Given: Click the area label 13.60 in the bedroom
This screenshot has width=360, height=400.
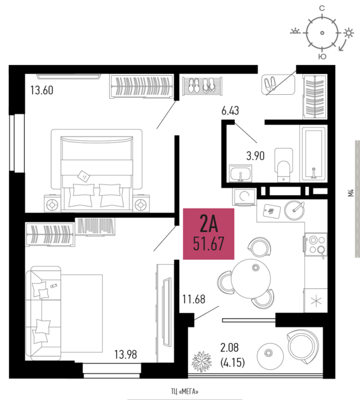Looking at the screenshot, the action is (x=42, y=90).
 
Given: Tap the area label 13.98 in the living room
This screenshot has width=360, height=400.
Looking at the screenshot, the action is (x=126, y=355).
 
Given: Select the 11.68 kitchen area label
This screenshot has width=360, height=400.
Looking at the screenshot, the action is (x=194, y=299).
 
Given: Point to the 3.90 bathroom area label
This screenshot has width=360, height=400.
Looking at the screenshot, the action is (x=255, y=155).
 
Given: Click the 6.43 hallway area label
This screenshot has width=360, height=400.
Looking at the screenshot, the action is (x=231, y=111).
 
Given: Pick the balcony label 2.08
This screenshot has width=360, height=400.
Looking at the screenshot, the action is (x=229, y=348).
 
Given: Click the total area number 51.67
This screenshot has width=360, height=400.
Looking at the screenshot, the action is (x=208, y=244).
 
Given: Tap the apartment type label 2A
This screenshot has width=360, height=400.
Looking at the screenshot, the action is (x=209, y=224).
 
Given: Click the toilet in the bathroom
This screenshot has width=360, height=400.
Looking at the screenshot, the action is (x=284, y=165).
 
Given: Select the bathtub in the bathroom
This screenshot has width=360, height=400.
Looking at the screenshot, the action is (x=314, y=154).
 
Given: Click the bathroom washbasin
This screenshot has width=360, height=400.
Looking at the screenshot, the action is (x=241, y=173).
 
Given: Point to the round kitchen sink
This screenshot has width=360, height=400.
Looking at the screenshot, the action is (x=294, y=210).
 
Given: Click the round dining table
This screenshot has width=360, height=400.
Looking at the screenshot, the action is (x=251, y=279).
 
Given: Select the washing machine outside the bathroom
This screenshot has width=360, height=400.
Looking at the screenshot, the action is (x=244, y=197).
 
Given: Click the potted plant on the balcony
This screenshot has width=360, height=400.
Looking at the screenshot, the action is (x=201, y=361).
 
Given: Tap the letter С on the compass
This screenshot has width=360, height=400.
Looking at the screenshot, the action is (x=322, y=8).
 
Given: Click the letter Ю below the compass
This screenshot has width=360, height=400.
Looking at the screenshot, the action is (x=322, y=57).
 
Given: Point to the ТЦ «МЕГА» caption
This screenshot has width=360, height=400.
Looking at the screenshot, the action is (x=184, y=391).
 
